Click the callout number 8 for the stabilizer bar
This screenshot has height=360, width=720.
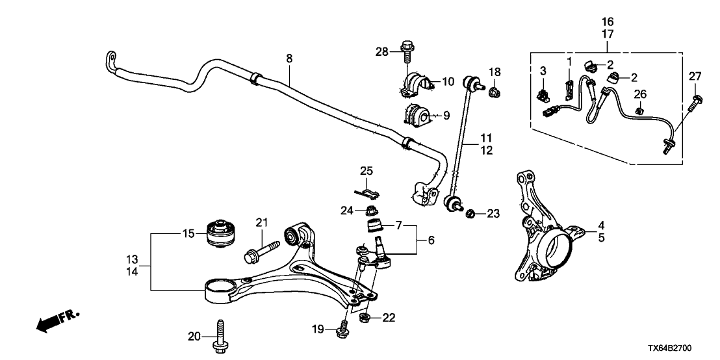[x=289, y=58]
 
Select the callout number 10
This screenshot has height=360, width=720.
[x=448, y=82]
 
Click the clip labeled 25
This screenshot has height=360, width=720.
[x=368, y=192]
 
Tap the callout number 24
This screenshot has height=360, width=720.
[x=346, y=210]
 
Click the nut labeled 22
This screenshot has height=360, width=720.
[x=366, y=318]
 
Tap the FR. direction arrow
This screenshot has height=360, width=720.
[x=57, y=320]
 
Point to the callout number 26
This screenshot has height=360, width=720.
[x=641, y=96]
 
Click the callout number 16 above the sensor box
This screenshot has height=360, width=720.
[x=608, y=21]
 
